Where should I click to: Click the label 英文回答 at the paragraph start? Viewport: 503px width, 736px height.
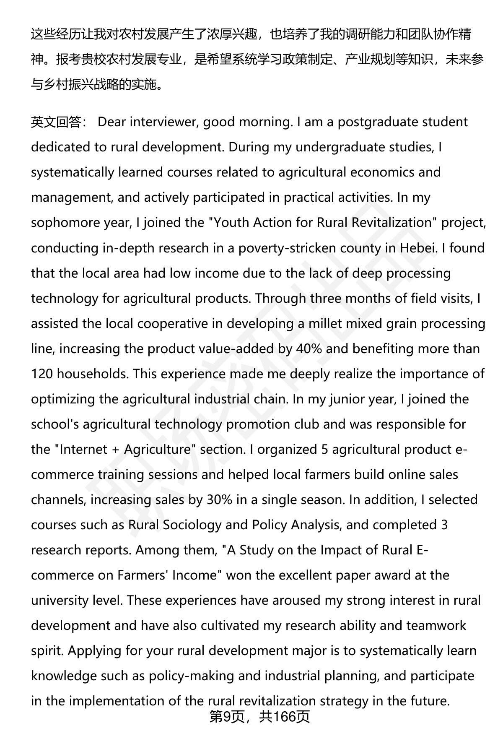point(56,122)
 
